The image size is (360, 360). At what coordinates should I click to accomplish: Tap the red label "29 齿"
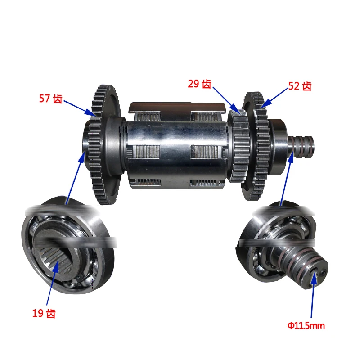coord(199,84)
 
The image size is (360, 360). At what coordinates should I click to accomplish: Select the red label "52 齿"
coord(300,86)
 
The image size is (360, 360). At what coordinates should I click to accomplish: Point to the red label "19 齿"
coord(44,314)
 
